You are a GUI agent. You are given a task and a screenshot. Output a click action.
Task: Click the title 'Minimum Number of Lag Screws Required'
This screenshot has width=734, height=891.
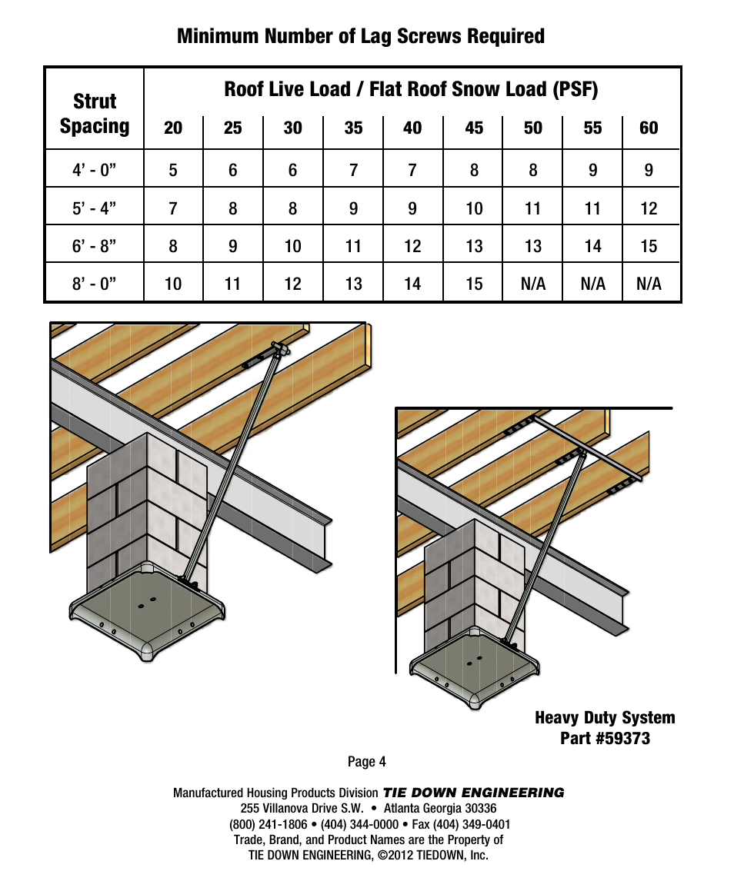click(x=360, y=36)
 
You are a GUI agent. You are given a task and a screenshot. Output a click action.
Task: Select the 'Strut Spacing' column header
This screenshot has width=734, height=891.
click(x=95, y=114)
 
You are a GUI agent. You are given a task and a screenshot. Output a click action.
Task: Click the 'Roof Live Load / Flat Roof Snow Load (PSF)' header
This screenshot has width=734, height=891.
click(x=411, y=90)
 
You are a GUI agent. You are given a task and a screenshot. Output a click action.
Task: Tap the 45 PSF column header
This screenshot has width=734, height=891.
click(x=474, y=128)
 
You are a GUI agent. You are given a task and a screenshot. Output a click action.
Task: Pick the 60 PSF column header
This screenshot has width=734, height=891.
click(x=649, y=128)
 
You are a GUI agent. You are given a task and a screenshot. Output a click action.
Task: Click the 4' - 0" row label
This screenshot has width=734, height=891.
click(x=94, y=170)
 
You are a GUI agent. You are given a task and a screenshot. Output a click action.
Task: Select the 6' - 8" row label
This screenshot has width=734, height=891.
click(x=94, y=246)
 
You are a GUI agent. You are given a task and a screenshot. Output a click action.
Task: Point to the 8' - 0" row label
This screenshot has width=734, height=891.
click(x=94, y=284)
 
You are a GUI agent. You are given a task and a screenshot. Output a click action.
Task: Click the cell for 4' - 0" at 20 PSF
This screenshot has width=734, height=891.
click(x=173, y=170)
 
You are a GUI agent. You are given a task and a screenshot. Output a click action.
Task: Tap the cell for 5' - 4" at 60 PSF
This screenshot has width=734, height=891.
click(x=649, y=208)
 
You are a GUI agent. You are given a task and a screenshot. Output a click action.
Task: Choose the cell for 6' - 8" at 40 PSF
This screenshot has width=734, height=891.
click(x=412, y=246)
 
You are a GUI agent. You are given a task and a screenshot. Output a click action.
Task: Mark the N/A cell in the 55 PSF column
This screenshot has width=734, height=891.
click(x=592, y=284)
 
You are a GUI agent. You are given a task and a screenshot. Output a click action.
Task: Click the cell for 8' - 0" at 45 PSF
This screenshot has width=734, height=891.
click(x=474, y=284)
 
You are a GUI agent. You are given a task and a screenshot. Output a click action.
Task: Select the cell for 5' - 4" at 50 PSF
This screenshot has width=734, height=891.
click(x=532, y=208)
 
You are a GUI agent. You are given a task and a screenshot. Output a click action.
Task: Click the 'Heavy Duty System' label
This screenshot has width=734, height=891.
click(x=605, y=718)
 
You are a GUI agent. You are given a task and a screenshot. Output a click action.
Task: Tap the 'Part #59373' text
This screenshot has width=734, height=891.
click(x=605, y=739)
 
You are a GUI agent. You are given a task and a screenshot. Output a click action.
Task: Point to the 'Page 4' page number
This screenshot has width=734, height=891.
click(x=366, y=762)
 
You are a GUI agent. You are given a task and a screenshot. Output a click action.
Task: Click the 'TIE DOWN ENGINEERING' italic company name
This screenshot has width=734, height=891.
click(x=473, y=793)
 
